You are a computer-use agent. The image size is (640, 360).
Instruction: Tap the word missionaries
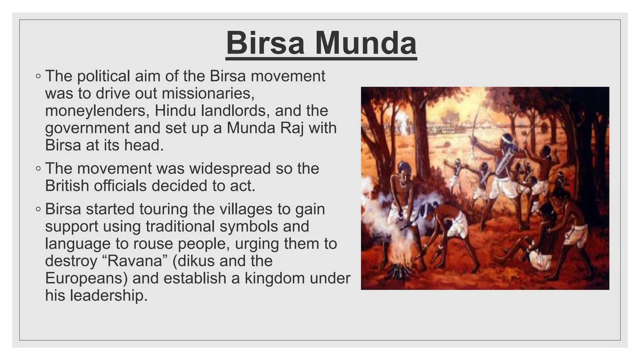[x=208, y=93]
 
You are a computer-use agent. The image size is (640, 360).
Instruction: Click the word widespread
[x=230, y=168]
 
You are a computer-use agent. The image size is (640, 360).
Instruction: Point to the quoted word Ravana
[x=135, y=261]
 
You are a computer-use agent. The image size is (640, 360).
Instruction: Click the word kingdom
[x=275, y=278]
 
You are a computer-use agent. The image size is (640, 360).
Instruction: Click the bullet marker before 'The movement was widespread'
[x=38, y=169]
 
